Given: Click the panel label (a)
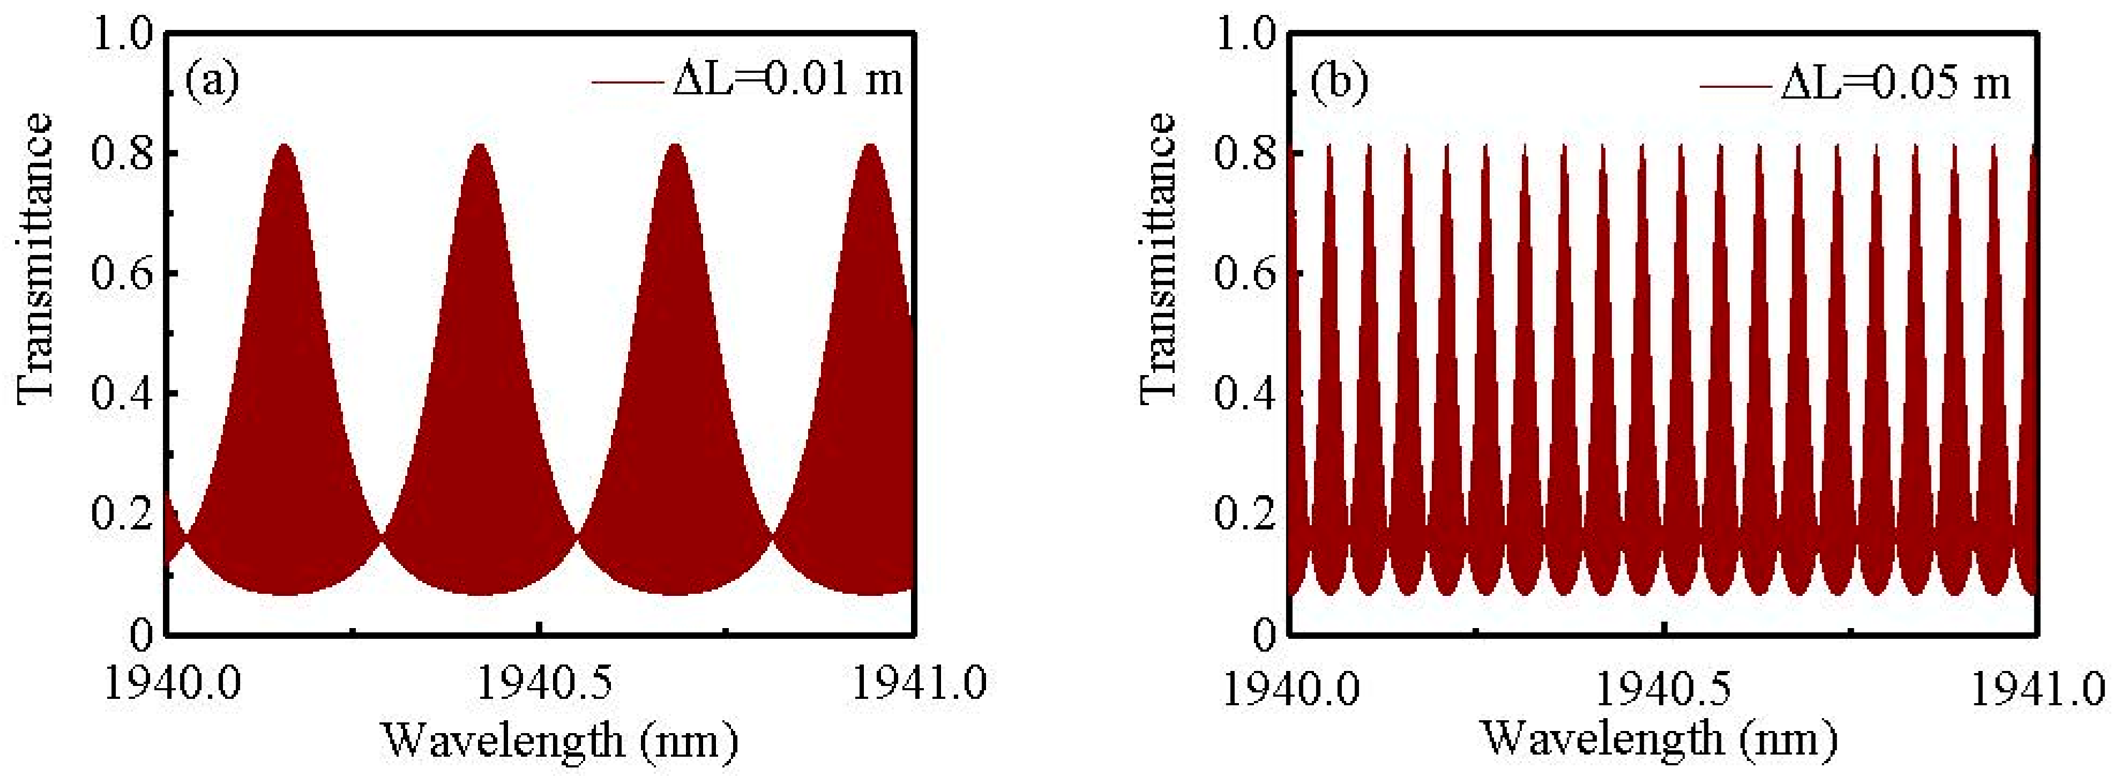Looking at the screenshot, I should tap(211, 82).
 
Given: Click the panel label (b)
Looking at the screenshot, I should tap(1339, 82).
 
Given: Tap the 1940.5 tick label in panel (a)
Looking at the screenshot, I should tap(544, 684).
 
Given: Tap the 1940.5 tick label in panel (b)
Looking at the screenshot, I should tap(1663, 688).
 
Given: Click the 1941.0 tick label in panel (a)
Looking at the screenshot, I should tap(919, 684).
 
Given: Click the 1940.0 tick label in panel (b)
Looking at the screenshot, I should tap(1291, 688).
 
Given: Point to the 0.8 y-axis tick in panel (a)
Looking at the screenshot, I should tap(123, 154).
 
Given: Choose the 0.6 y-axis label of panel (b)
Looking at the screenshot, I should tap(1245, 274).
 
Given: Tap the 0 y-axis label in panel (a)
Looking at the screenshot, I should tap(141, 633).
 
